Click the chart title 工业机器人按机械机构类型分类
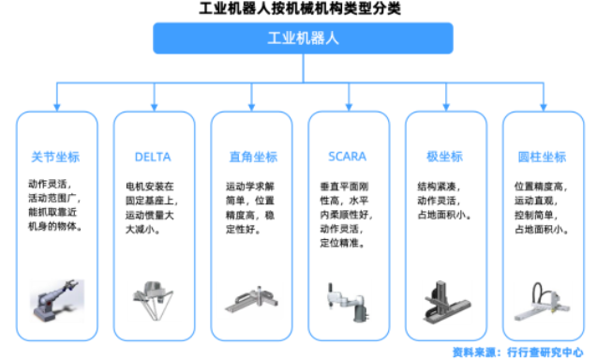[x=298, y=8]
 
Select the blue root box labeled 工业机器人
[x=298, y=37]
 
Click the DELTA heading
[x=154, y=156]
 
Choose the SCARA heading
[x=347, y=156]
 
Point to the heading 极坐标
[x=443, y=156]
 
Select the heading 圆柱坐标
[x=541, y=156]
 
